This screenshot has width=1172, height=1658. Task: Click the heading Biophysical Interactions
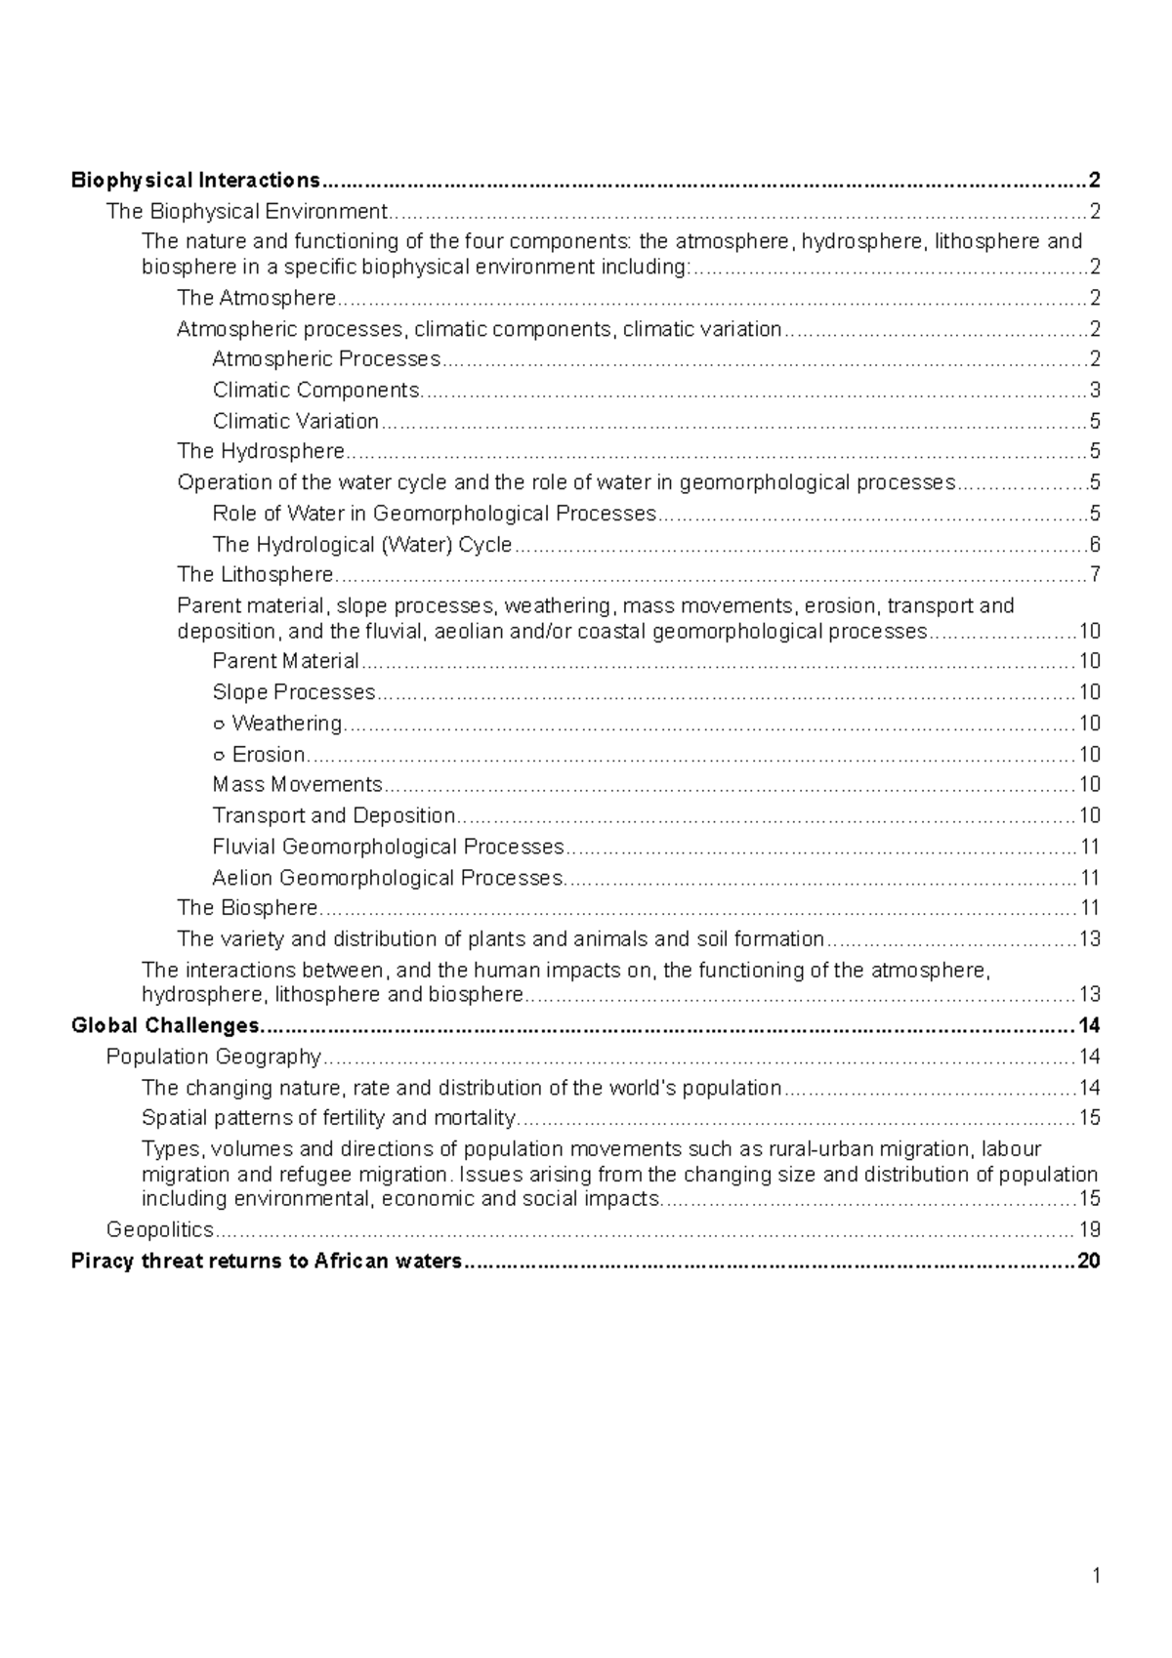point(195,181)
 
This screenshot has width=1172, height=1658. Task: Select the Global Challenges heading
point(166,1025)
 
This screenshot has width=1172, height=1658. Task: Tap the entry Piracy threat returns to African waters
point(266,1261)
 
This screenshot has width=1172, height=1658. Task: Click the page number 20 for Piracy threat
point(1088,1261)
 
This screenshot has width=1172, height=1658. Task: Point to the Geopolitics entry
point(159,1229)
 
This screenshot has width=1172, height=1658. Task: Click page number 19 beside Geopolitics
point(1089,1229)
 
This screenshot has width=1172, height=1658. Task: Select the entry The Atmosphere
point(256,298)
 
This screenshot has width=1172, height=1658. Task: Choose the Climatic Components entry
point(317,391)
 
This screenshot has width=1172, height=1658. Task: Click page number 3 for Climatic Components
point(1095,391)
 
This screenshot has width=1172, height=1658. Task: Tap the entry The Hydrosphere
point(261,451)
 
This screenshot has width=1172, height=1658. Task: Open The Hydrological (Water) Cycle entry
point(361,545)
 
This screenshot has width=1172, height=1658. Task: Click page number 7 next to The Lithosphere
point(1095,574)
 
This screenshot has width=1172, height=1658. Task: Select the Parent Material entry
point(285,661)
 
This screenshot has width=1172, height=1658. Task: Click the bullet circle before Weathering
point(219,725)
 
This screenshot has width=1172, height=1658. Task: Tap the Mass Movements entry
point(297,785)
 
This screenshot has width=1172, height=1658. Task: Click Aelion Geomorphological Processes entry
point(387,878)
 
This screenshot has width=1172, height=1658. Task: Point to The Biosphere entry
point(247,908)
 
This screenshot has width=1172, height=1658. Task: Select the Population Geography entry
point(213,1057)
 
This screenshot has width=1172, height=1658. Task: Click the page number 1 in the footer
point(1097,1575)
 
